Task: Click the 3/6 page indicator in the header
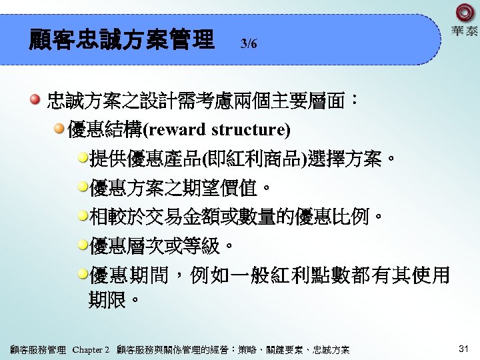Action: click(249, 44)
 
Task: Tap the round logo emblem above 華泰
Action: click(464, 13)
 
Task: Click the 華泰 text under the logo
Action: click(464, 31)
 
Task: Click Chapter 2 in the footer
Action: click(91, 349)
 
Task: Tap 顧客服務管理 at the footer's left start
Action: click(38, 349)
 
